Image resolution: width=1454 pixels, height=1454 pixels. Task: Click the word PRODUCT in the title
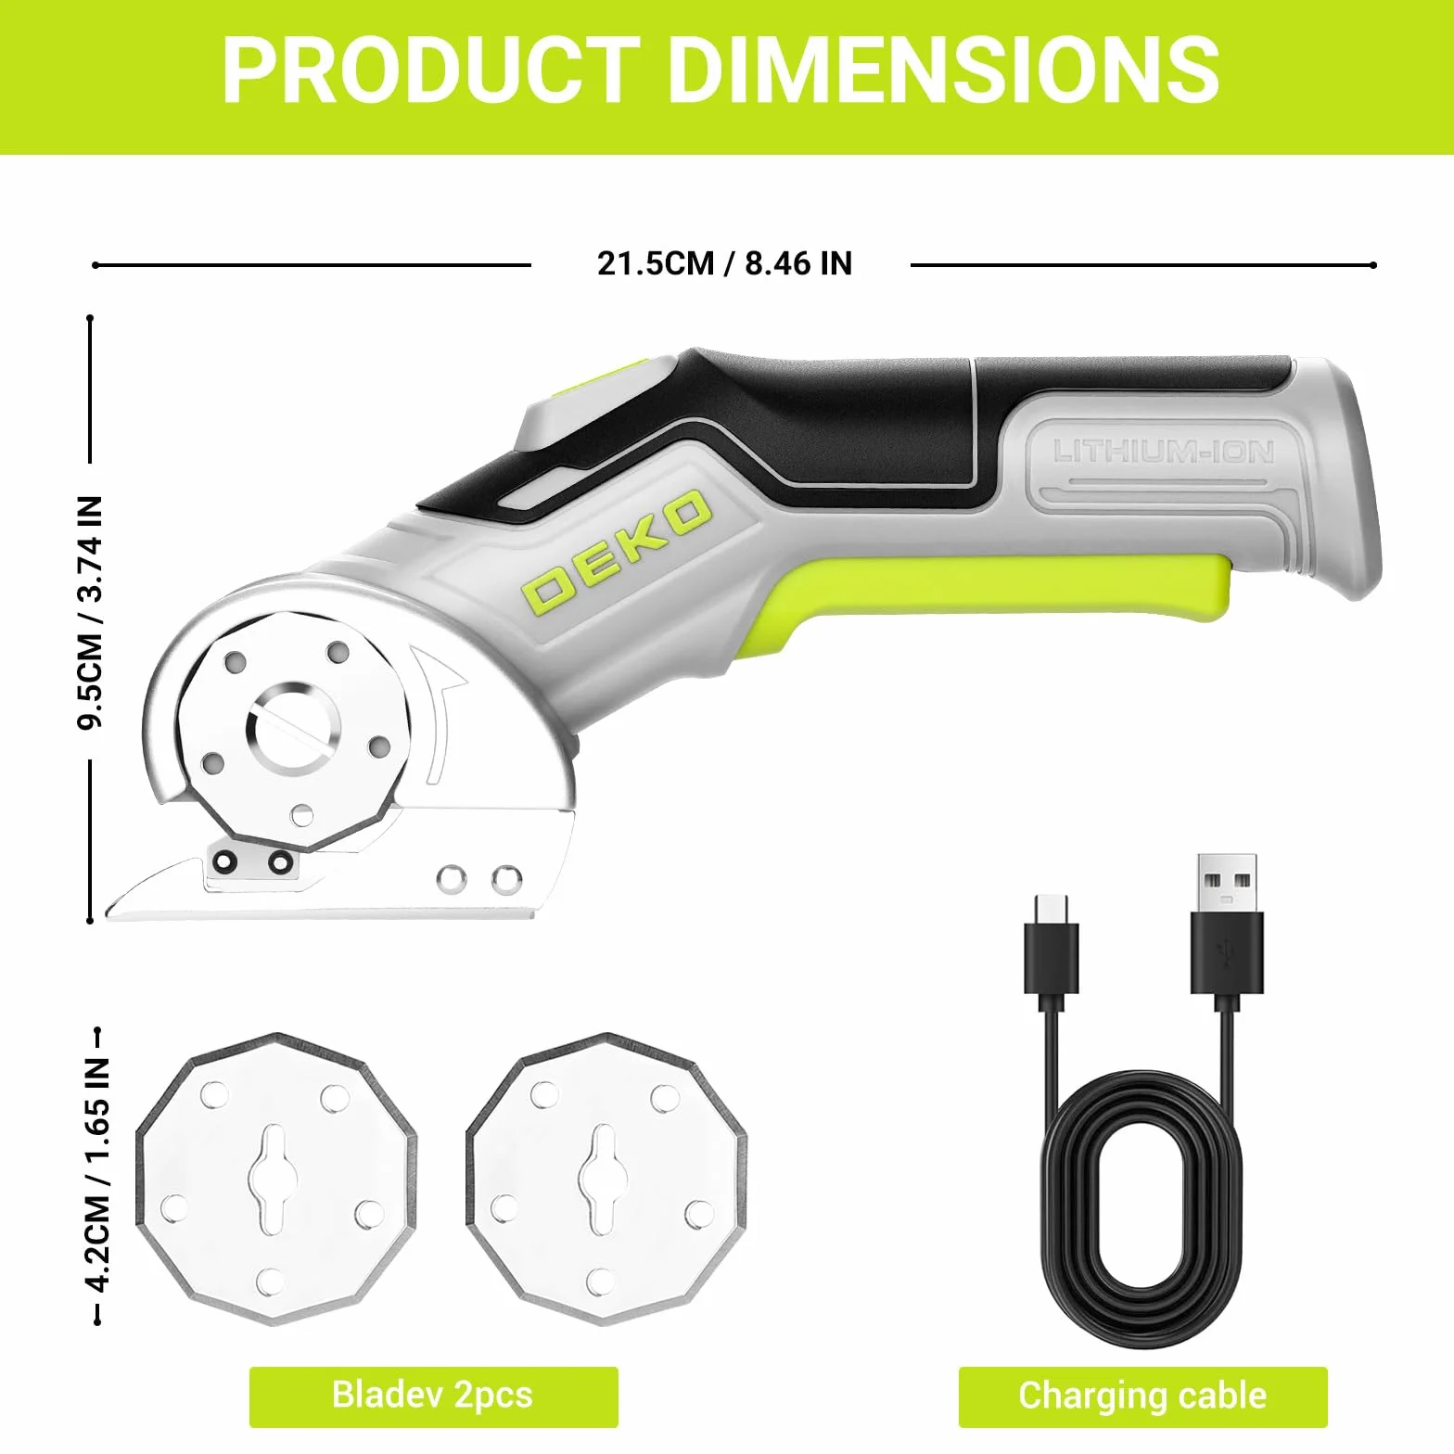[431, 71]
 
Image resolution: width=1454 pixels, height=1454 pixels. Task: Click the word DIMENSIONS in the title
[943, 71]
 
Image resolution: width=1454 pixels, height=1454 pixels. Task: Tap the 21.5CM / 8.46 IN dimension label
[724, 263]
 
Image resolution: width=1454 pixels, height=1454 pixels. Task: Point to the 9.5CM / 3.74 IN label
[91, 613]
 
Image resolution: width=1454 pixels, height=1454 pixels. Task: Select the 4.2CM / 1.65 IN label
[97, 1174]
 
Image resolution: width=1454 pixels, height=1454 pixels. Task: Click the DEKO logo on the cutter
[617, 551]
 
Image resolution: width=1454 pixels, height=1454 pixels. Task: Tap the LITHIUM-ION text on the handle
[1164, 453]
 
